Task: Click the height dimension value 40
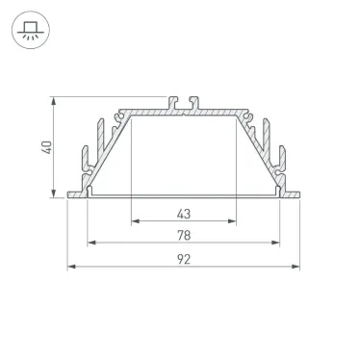45,146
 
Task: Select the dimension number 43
183,213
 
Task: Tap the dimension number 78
183,235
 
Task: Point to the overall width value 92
183,259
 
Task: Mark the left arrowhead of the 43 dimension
134,220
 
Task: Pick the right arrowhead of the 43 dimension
234,220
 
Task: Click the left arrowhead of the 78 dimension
91,243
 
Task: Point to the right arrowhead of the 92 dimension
296,267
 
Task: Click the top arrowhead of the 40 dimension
55,101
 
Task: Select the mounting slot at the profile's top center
183,101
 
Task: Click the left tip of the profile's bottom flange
70,196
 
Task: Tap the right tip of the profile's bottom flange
296,196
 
